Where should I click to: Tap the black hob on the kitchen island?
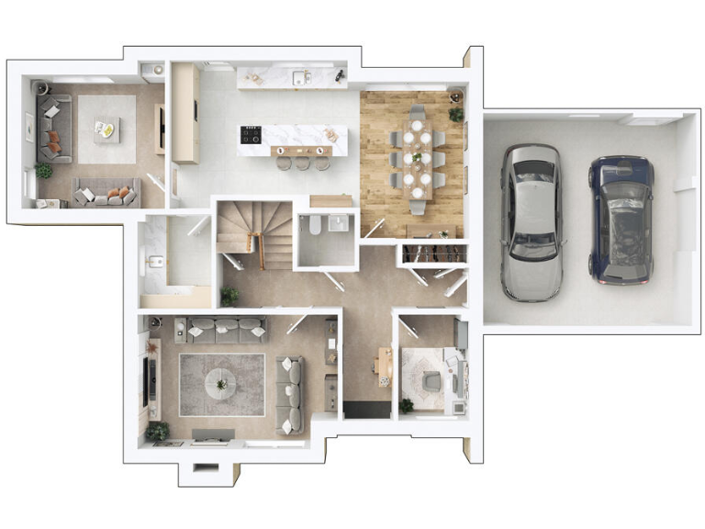pos(251,135)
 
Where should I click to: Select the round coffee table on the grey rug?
pos(221,379)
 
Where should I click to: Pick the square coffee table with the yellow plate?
pos(106,129)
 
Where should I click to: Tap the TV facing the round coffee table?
pos(149,377)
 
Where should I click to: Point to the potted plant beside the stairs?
pos(229,295)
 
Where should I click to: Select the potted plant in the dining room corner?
pos(455,113)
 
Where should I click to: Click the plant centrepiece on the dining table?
pos(417,156)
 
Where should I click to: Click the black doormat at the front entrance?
pos(367,409)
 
